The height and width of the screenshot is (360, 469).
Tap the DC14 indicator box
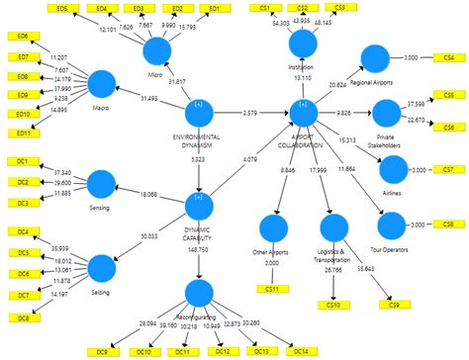point(297,351)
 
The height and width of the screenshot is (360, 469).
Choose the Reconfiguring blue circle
point(199,293)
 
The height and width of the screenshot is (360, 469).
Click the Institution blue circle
point(302,45)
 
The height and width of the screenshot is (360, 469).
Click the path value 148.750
point(201,250)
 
